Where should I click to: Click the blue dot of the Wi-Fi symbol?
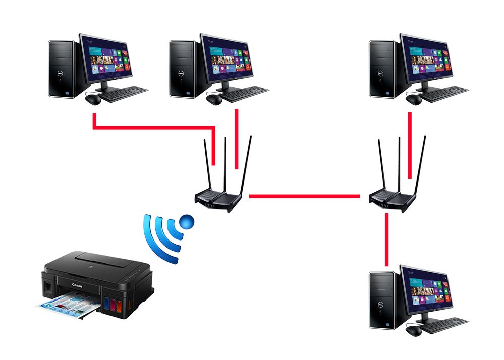pos(187,220)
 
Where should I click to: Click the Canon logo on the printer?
pos(77,286)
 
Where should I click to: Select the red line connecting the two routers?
pos(304,196)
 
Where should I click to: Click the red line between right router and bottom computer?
pos(387,239)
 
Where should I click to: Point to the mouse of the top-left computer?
pos(93,99)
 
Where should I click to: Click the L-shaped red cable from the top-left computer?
pos(151,127)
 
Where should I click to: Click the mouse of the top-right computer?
pos(414,100)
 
